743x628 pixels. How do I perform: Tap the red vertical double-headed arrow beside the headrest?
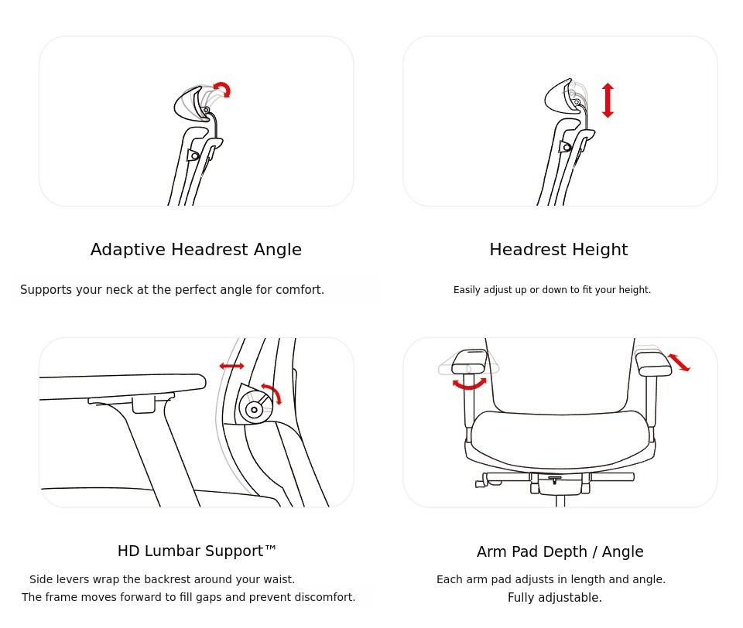(x=608, y=100)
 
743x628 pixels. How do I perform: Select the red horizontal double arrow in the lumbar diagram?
(x=231, y=366)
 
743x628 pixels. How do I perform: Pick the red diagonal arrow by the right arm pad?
(x=679, y=362)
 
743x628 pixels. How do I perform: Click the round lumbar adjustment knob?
(x=255, y=409)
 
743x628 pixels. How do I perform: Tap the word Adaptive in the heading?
(x=128, y=250)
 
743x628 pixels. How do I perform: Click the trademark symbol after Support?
(x=270, y=548)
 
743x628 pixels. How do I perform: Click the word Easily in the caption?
(x=467, y=290)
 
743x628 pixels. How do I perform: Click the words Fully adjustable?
(x=554, y=598)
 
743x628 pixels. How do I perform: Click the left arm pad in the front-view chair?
(x=470, y=362)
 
